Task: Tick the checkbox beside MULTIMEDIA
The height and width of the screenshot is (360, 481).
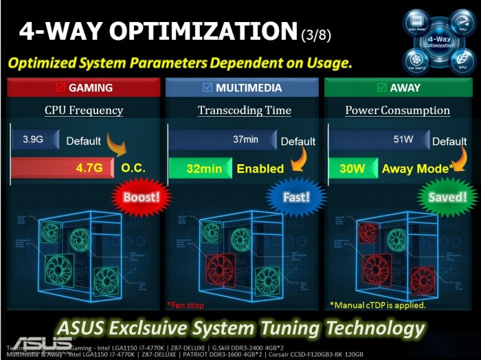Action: (208, 87)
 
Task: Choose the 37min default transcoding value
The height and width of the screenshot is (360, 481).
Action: (245, 139)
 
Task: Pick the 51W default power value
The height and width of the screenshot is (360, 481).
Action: (403, 139)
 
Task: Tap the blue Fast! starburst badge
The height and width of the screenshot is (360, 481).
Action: (297, 197)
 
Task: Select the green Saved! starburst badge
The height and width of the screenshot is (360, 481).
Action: (447, 197)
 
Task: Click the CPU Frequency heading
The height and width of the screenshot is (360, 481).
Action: (84, 111)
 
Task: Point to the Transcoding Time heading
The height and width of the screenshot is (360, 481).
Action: (245, 111)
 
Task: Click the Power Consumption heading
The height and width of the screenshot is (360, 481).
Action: (397, 111)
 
